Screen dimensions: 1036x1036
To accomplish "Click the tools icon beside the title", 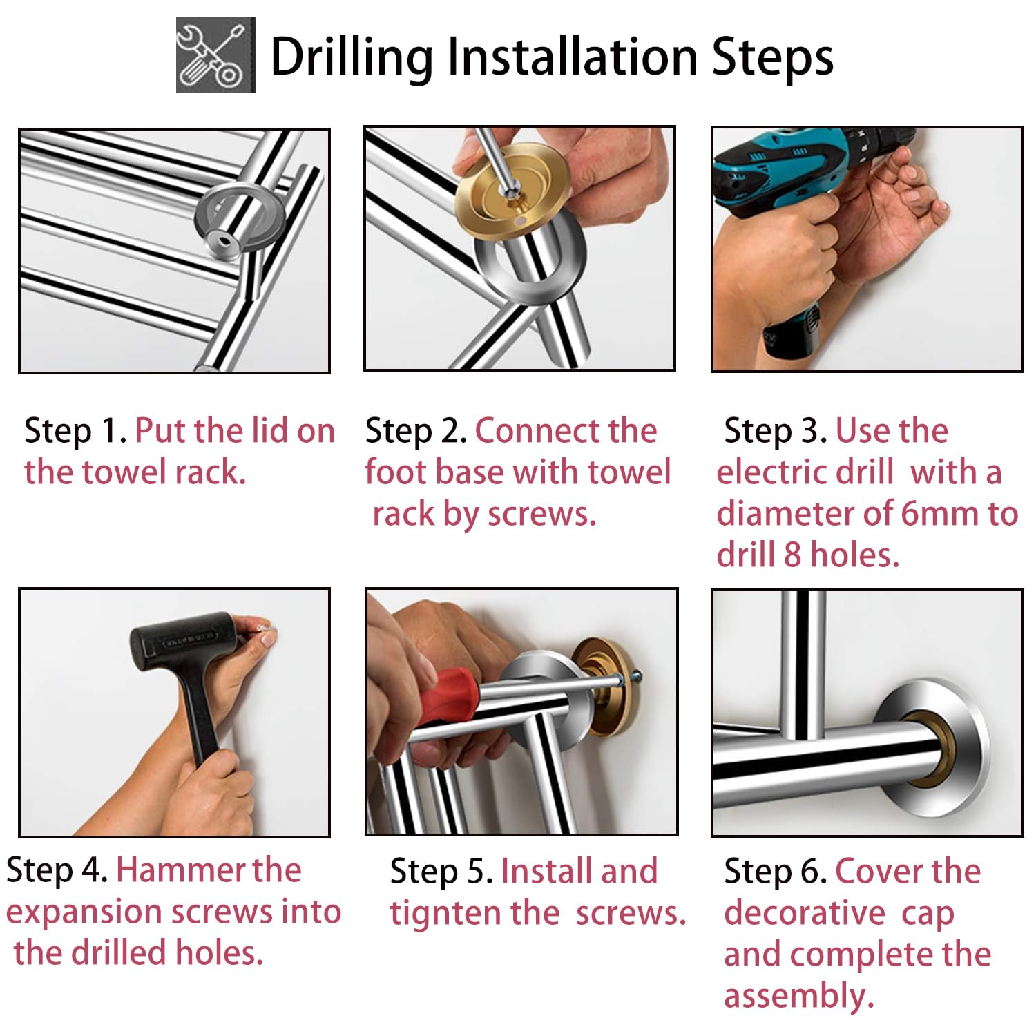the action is point(215,55).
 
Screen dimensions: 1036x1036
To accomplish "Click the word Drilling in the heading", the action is point(353,57).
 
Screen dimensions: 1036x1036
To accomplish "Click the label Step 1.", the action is point(75,431).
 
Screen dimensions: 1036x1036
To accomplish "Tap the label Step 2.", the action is point(416,431).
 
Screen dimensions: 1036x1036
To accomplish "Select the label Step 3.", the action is point(776,431).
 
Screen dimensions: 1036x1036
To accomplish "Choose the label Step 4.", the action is point(57,870).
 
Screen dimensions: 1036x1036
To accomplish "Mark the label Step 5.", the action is point(441,872).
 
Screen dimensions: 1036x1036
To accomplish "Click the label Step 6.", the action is point(776,872).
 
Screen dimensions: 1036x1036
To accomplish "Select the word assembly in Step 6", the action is point(799,997).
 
